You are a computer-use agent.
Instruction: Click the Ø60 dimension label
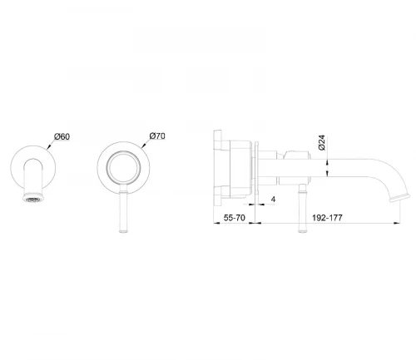point(62,136)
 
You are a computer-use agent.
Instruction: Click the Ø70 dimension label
point(157,136)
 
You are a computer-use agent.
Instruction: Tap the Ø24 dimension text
point(322,143)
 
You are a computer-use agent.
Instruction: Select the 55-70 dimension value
point(235,218)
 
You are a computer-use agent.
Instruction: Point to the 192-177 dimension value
point(327,218)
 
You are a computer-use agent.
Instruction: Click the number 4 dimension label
point(273,200)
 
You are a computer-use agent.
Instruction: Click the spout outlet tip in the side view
point(399,198)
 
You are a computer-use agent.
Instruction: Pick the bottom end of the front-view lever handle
point(123,231)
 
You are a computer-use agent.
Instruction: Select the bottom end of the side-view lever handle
point(302,231)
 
